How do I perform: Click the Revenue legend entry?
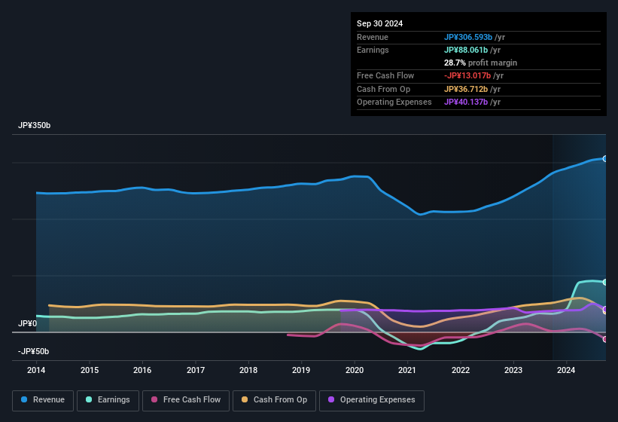pos(44,399)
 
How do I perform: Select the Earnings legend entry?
pos(108,399)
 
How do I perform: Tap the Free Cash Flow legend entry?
pos(185,399)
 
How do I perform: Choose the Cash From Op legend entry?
pos(275,399)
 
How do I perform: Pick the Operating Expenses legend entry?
pos(371,399)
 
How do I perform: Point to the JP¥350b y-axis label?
pos(35,125)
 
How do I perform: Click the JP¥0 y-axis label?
pos(27,323)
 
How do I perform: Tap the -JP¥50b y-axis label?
pos(33,351)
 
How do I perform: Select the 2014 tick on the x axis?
pos(36,370)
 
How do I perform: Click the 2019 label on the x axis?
pos(301,370)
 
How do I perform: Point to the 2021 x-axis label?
pos(407,370)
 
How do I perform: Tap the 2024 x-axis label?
pos(566,370)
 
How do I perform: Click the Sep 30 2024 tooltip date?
pos(379,23)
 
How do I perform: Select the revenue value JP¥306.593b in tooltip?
pos(467,37)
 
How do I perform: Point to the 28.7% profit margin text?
pos(480,63)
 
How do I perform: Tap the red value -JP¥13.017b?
pos(467,75)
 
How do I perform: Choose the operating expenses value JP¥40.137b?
pos(467,102)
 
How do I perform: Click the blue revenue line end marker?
pos(604,159)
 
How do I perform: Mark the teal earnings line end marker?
pos(604,282)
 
